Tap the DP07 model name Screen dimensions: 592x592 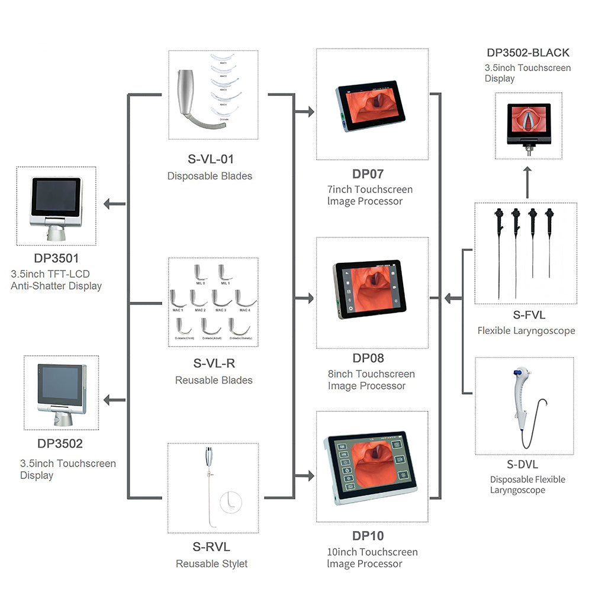pyautogui.click(x=368, y=174)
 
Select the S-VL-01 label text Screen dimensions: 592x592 pyautogui.click(x=211, y=159)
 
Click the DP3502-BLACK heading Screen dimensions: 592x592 pyautogui.click(x=528, y=53)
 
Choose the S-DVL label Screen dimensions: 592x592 pyautogui.click(x=522, y=465)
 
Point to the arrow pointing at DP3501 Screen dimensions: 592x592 pyautogui.click(x=114, y=204)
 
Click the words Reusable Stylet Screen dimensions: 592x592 pyautogui.click(x=211, y=564)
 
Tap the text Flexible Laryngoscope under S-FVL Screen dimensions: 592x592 pyautogui.click(x=526, y=330)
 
